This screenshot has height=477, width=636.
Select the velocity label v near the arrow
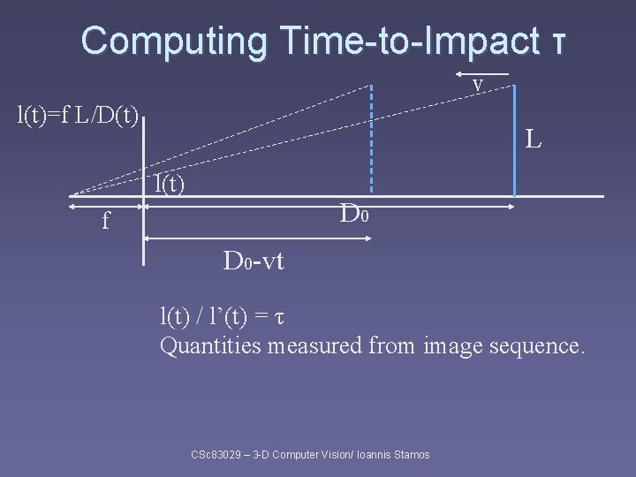[477, 85]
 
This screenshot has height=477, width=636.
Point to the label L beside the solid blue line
[533, 139]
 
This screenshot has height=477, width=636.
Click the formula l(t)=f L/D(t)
[79, 114]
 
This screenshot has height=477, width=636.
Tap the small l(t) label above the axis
[169, 185]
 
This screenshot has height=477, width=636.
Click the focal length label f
[107, 222]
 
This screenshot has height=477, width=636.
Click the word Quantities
[210, 345]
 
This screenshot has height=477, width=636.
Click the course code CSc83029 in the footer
[219, 455]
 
